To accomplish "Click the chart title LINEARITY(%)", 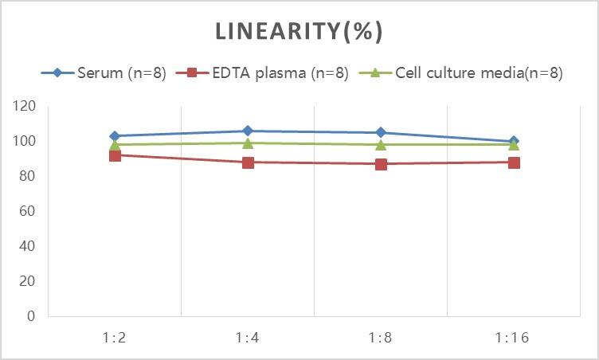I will (x=299, y=32).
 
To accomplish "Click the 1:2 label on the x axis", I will (x=115, y=337).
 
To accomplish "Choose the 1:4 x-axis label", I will (x=248, y=337).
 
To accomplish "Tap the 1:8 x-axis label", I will (x=381, y=337).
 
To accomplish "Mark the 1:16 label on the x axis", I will (x=514, y=337).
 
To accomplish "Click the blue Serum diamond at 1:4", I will (x=248, y=131).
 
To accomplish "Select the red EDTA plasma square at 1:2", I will (x=115, y=155).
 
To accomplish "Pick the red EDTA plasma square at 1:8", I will (x=381, y=164).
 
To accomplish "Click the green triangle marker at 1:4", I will (x=248, y=143).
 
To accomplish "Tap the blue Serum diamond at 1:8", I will (x=381, y=132).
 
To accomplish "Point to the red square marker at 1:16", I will (x=514, y=162).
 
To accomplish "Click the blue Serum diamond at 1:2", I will (x=115, y=136).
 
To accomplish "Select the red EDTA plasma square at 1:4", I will (x=248, y=162).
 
